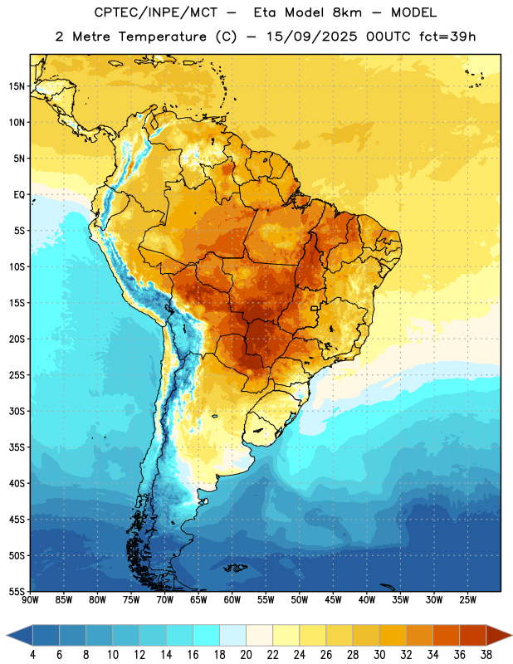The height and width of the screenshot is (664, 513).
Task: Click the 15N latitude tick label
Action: coord(16,86)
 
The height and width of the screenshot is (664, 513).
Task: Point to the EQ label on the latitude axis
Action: coord(19,195)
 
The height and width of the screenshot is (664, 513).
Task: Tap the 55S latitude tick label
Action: coord(16,591)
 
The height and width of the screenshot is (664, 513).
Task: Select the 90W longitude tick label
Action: coord(31,600)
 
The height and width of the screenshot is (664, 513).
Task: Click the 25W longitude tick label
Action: coord(467,600)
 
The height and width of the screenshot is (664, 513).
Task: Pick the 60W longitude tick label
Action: coord(232,600)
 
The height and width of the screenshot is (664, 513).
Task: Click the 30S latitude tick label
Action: coord(16,411)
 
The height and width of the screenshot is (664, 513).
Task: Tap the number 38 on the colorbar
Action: coord(486,655)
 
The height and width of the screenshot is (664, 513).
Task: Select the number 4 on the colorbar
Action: coord(32,655)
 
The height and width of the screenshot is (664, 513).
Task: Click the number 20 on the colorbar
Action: coord(246,655)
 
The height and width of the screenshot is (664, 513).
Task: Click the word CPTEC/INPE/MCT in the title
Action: coord(155,12)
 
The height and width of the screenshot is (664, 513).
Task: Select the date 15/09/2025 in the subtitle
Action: coord(311,37)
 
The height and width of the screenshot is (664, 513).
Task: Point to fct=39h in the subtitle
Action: coord(447,37)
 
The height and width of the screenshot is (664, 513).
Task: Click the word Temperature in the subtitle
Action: coord(163,37)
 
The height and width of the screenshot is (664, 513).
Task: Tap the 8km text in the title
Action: coord(347,12)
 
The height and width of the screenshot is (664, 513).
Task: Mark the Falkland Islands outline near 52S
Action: coord(236,568)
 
